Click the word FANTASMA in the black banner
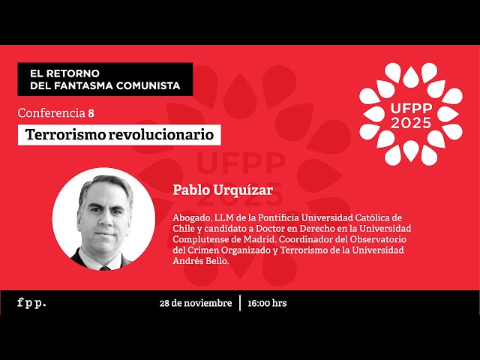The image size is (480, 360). point(105,85)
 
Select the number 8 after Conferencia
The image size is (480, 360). point(91,113)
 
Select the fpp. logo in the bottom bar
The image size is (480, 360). point(31,303)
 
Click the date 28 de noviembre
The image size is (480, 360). point(195,303)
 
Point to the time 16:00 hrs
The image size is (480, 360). point(267,303)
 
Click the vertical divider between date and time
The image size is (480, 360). point(241,303)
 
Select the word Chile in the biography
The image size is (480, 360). point(184,228)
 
